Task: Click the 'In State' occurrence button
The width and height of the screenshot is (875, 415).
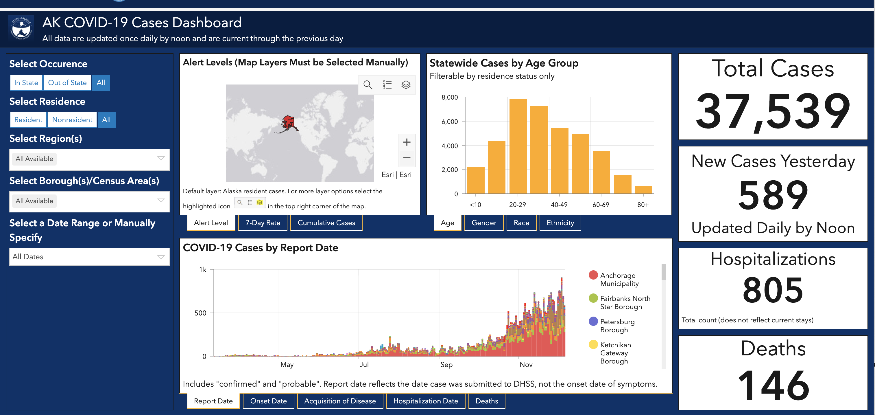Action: click(x=26, y=82)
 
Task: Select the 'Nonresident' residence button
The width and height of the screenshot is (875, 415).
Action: click(x=72, y=120)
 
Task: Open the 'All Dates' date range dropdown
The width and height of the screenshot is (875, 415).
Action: click(x=89, y=257)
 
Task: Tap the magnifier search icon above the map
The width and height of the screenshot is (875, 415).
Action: click(x=368, y=85)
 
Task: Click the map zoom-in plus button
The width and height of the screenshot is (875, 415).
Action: click(x=407, y=142)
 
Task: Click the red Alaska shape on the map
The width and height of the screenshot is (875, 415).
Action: click(x=289, y=123)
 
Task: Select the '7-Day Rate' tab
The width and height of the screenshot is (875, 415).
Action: click(x=263, y=223)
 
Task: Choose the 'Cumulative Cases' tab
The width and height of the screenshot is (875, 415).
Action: click(x=326, y=223)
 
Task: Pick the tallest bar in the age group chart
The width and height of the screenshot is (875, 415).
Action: click(x=518, y=146)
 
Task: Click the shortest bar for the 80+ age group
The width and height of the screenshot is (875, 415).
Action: click(x=643, y=190)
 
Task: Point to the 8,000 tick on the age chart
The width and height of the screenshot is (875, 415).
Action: click(x=450, y=98)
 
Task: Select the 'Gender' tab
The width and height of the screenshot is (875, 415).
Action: click(x=484, y=223)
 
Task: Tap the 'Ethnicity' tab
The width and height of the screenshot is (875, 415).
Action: click(x=560, y=223)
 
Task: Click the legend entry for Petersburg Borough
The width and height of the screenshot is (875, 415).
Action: click(x=617, y=326)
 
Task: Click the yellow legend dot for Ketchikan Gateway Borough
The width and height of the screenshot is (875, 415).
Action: click(x=593, y=345)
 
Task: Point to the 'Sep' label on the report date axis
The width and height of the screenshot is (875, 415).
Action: click(x=446, y=365)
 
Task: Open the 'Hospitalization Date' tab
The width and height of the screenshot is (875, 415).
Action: click(x=425, y=401)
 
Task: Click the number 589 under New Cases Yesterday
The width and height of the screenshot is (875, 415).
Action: click(x=773, y=195)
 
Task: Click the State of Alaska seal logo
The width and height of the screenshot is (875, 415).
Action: click(x=21, y=28)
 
